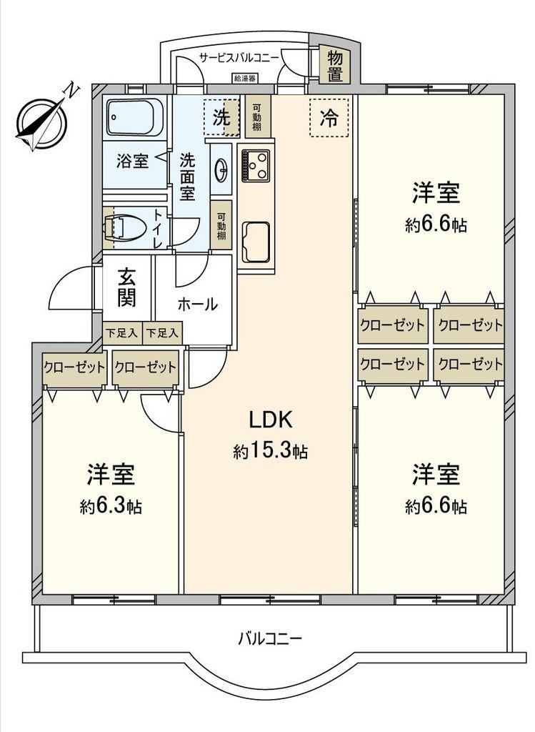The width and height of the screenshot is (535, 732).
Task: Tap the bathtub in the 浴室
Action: pyautogui.click(x=134, y=117)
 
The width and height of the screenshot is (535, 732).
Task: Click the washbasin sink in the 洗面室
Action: pyautogui.click(x=222, y=169)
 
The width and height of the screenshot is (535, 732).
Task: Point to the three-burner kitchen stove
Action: pyautogui.click(x=256, y=165)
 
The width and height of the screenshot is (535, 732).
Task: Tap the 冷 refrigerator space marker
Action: pyautogui.click(x=329, y=118)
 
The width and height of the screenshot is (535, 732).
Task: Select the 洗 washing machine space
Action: pyautogui.click(x=222, y=118)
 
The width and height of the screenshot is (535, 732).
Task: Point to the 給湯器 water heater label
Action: pyautogui.click(x=245, y=78)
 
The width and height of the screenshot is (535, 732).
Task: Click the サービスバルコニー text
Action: pyautogui.click(x=239, y=57)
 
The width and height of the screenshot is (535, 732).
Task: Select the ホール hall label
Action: pyautogui.click(x=197, y=305)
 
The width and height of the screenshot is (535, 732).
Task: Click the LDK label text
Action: pyautogui.click(x=271, y=420)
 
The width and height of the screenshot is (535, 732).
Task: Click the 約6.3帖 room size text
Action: pyautogui.click(x=111, y=505)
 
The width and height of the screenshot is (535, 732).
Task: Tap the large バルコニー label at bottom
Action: pyautogui.click(x=270, y=638)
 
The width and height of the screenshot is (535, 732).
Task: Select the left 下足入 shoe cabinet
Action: pyautogui.click(x=121, y=333)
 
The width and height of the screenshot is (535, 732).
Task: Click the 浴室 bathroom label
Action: pyautogui.click(x=132, y=162)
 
